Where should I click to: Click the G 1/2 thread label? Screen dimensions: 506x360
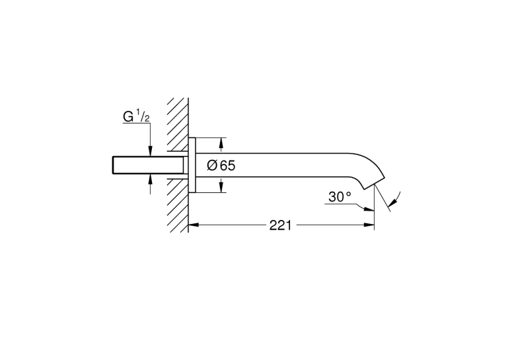tap(136, 116)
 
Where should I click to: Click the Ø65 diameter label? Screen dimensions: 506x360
tap(221, 166)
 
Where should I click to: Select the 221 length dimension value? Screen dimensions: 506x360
tap(281, 225)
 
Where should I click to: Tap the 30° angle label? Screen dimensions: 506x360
tap(340, 197)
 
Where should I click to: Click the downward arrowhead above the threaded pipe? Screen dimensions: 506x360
tap(150, 152)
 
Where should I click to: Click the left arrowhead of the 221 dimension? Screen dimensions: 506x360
tap(194, 225)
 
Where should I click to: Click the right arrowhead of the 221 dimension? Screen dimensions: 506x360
tap(369, 225)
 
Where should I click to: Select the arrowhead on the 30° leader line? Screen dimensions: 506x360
tap(369, 209)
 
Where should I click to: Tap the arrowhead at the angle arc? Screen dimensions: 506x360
tap(393, 202)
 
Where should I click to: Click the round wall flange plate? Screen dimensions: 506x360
tap(192, 165)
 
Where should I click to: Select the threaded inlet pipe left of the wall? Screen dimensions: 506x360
tap(148, 166)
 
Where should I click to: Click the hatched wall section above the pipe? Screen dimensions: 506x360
tap(178, 124)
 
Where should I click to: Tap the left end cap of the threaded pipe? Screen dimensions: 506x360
tap(113, 166)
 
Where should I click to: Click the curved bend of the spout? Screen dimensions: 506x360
tap(368, 165)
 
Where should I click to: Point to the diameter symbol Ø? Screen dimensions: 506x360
tap(211, 166)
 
